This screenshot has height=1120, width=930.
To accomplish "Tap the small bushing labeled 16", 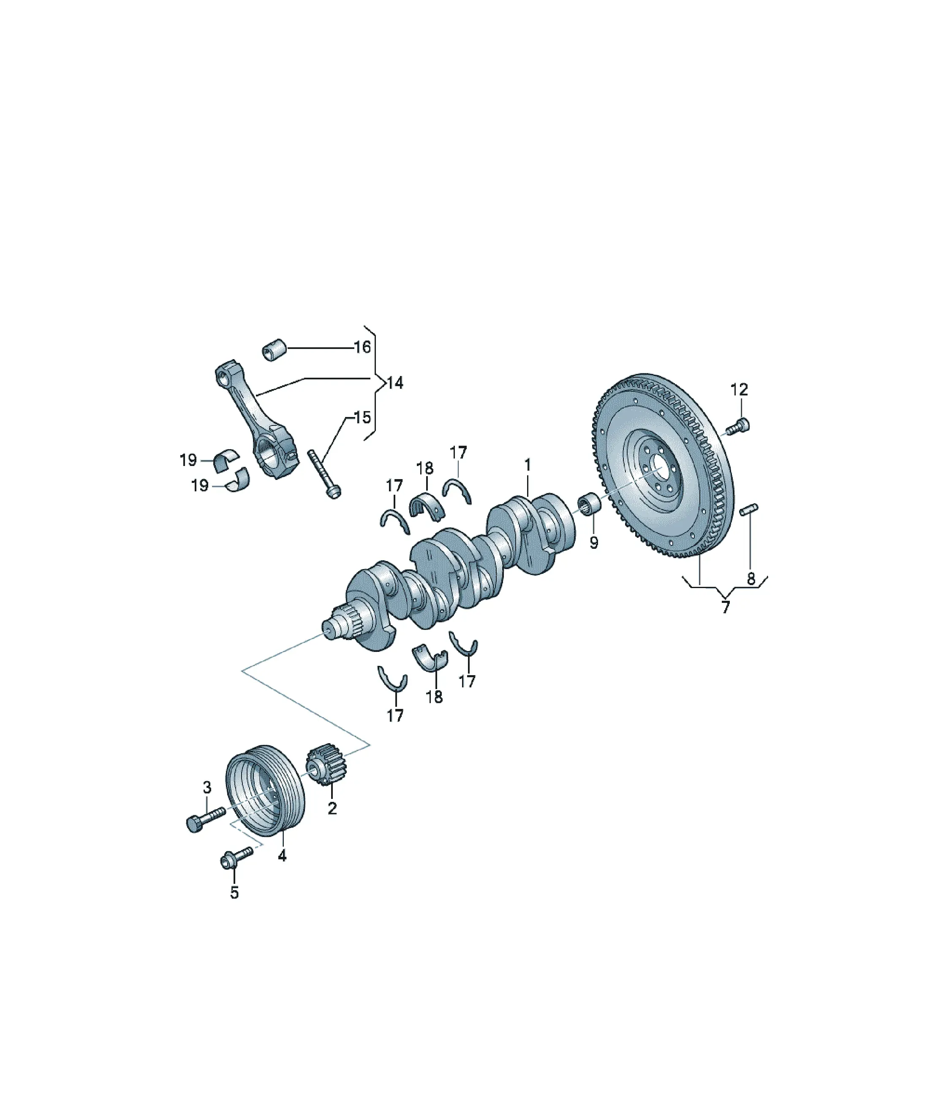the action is pos(275,349).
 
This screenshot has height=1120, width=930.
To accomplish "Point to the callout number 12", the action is pos(739,390).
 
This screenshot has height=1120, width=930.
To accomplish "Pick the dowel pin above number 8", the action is pos(749,510).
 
